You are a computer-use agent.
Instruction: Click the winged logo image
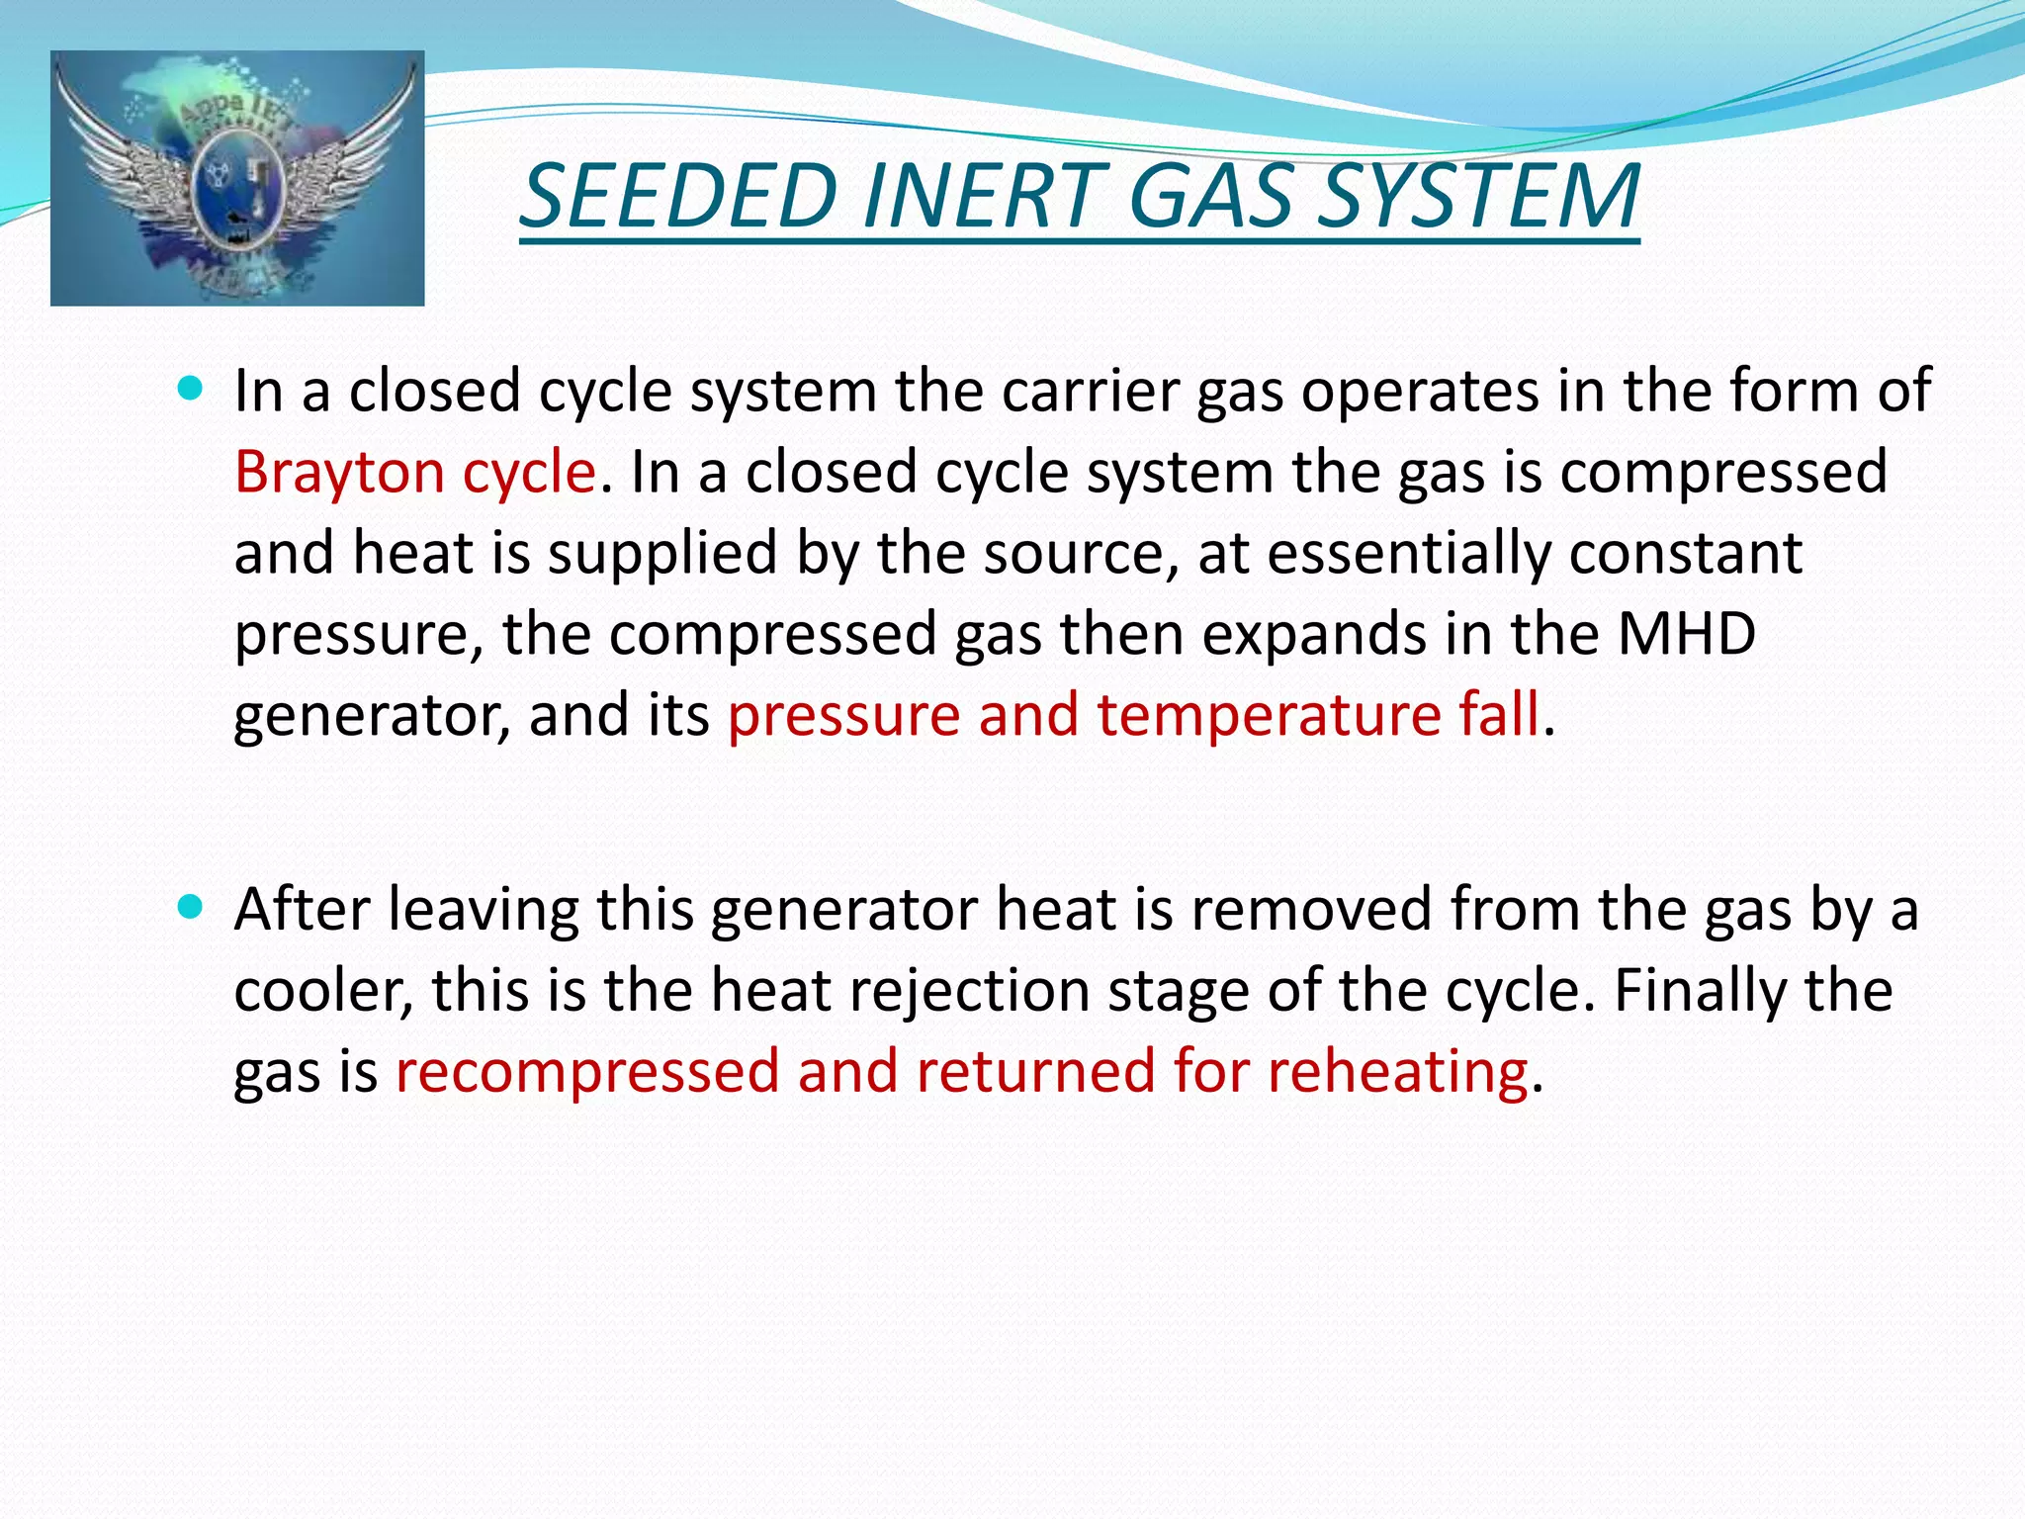[x=237, y=178]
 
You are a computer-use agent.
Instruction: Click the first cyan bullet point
[x=190, y=388]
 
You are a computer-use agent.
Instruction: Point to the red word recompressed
[x=587, y=1072]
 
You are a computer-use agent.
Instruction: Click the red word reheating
[x=1398, y=1072]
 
